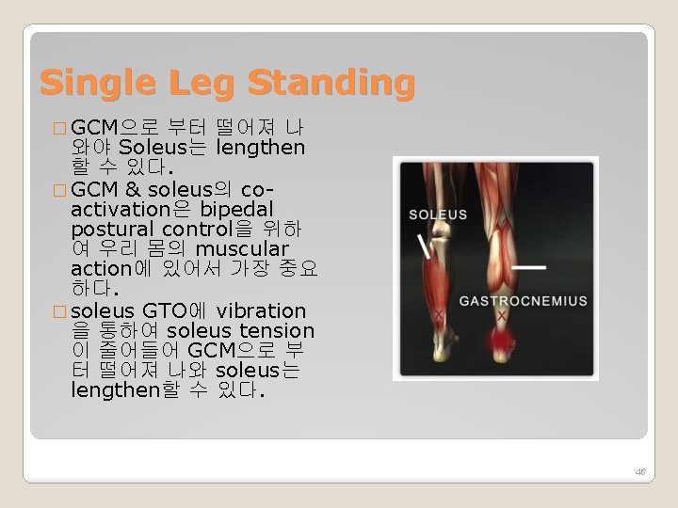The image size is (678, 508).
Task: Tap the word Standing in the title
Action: tap(331, 84)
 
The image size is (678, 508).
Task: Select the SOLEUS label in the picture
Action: tap(438, 214)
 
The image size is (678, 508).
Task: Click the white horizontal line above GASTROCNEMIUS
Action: tap(529, 267)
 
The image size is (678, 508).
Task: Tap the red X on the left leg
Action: tap(439, 313)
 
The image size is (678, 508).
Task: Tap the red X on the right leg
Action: tap(502, 315)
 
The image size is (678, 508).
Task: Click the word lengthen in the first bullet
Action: tap(260, 148)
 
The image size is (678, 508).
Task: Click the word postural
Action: tap(113, 229)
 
